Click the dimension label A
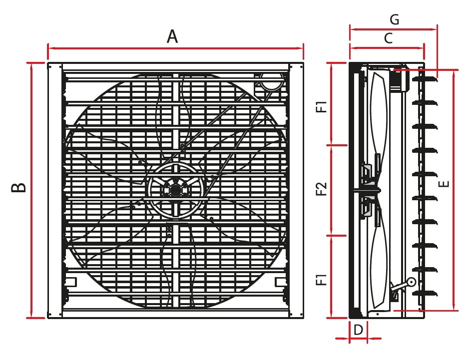coord(172,36)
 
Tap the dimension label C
coord(388,38)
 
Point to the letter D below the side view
coord(358,330)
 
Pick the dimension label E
coord(446,183)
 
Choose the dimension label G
coord(394,19)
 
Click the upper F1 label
coord(323,106)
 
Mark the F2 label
coord(323,189)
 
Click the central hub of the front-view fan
coord(175,190)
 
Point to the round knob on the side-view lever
coord(411,282)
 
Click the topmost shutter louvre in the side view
coord(425,77)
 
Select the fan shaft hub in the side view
coord(369,189)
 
